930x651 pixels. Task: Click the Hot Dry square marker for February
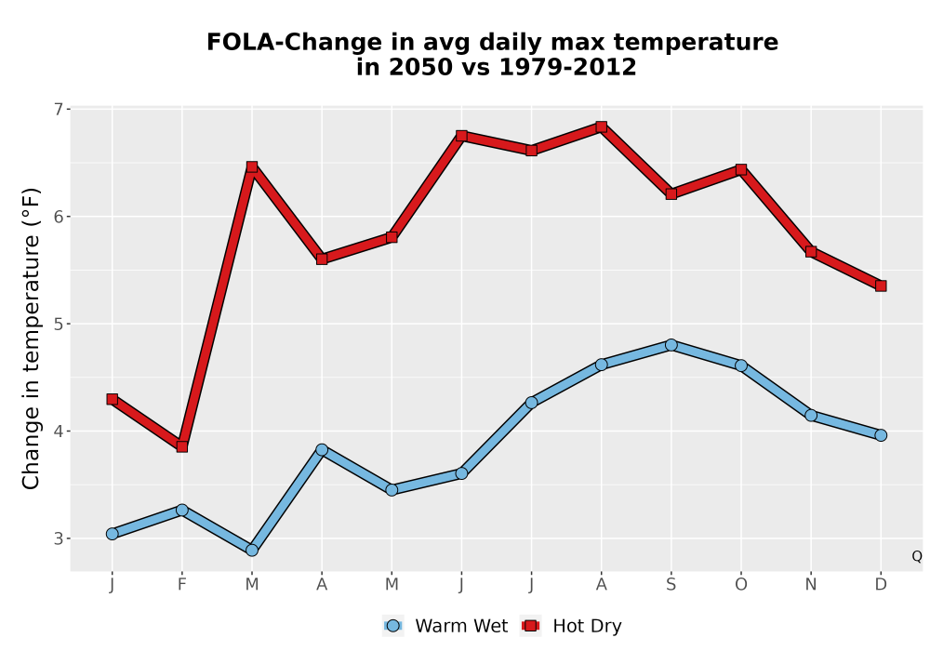tap(182, 446)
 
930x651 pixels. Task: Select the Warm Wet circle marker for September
tap(671, 345)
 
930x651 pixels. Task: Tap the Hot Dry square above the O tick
tap(741, 169)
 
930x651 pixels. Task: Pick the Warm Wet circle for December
tap(881, 435)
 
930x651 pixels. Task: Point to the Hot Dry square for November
tap(811, 251)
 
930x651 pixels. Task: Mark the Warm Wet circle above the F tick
tap(182, 510)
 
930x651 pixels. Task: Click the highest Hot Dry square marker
tap(601, 126)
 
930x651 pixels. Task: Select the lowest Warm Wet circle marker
tap(252, 551)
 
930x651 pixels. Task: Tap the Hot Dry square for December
tap(881, 286)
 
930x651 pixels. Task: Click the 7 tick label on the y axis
tap(58, 109)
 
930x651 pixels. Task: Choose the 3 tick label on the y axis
tap(58, 538)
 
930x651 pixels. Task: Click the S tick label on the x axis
tap(671, 585)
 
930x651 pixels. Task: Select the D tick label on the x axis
tap(881, 585)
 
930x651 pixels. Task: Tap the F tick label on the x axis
tap(182, 585)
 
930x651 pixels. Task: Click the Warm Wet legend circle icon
tap(392, 626)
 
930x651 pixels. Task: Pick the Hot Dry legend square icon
tap(530, 626)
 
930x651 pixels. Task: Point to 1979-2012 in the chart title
tap(567, 67)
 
